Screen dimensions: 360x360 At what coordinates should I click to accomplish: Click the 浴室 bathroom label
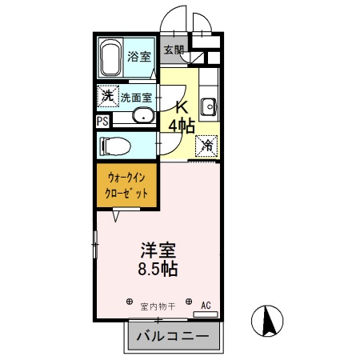(x=139, y=56)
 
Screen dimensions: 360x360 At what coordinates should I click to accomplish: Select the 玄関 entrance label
(x=174, y=50)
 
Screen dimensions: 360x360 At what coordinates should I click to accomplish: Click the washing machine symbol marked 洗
(x=108, y=97)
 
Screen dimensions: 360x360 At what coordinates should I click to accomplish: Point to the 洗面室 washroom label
(x=137, y=98)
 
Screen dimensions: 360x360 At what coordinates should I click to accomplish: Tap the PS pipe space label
(x=102, y=122)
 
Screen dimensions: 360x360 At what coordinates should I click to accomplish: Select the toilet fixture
(x=117, y=146)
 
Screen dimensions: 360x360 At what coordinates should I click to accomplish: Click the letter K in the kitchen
(x=182, y=106)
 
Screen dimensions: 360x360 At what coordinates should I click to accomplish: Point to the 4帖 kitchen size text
(x=182, y=125)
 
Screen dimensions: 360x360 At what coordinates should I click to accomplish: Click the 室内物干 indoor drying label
(x=157, y=305)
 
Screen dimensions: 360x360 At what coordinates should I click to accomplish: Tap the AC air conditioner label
(x=206, y=305)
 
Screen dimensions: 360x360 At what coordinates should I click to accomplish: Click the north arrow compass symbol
(x=268, y=322)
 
